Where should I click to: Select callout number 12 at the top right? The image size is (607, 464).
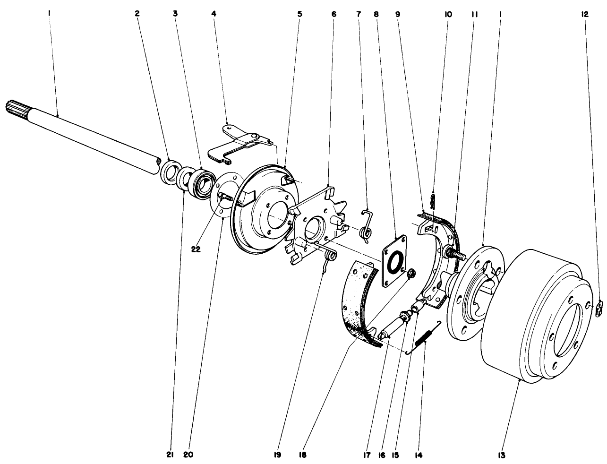tap(585, 15)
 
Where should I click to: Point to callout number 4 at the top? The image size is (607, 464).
tap(214, 15)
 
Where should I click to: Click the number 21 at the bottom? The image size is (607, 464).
tap(170, 455)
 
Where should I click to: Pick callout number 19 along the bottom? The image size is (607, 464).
tap(277, 455)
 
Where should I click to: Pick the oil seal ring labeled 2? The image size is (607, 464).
tap(170, 171)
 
